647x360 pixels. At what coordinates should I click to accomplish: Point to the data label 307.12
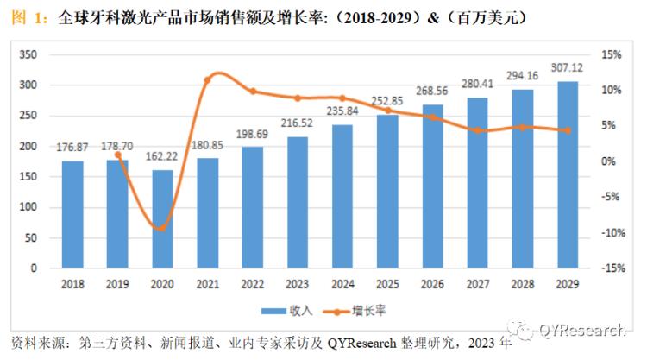tap(567, 70)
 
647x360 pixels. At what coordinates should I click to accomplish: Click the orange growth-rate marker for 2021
tap(207, 80)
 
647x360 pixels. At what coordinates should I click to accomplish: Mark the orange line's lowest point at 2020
tap(162, 228)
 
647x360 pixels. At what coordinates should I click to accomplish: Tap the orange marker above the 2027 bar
tap(477, 130)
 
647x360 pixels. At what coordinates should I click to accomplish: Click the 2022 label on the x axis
tap(252, 282)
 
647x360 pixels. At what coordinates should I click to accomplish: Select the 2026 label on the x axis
tap(432, 282)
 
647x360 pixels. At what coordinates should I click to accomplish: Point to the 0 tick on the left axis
tap(33, 268)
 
